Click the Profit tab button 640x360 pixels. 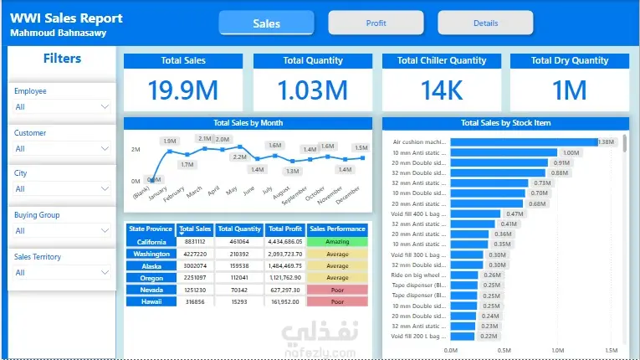(376, 23)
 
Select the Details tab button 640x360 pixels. (485, 23)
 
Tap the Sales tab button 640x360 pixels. (266, 23)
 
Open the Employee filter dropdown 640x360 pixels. (62, 107)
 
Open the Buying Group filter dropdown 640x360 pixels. (62, 231)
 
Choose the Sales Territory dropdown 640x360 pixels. (62, 272)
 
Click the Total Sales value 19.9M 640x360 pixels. (183, 90)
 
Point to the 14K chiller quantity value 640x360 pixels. (441, 90)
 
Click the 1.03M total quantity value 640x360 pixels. (312, 90)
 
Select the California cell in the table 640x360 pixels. (151, 242)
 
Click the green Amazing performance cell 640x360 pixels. (337, 242)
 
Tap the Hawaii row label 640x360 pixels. (151, 301)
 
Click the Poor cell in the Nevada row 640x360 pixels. (337, 290)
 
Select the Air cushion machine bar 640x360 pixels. (524, 142)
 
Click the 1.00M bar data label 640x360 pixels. (571, 153)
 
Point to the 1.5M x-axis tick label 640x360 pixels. (611, 351)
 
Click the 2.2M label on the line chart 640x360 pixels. (239, 157)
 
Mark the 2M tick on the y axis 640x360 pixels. (136, 149)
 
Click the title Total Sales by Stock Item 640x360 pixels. (505, 123)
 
